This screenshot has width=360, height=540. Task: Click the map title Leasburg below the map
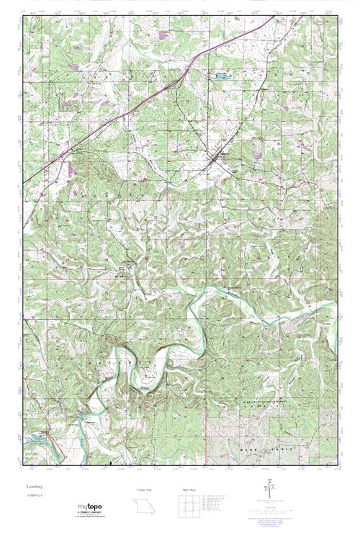click(x=32, y=487)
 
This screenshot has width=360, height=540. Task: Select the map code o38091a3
click(x=32, y=497)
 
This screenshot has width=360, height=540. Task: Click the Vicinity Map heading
click(x=145, y=491)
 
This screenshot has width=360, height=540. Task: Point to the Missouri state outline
click(x=145, y=508)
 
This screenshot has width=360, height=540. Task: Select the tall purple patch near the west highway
click(x=71, y=168)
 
